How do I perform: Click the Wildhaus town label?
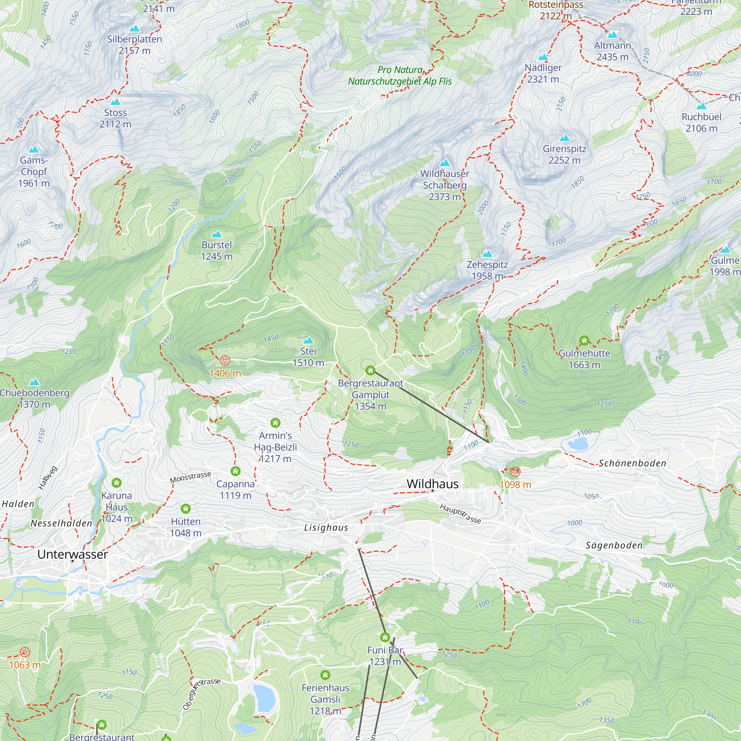(432, 484)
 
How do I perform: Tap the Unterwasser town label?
(73, 554)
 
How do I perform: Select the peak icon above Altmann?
(612, 35)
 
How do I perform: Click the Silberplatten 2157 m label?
(134, 45)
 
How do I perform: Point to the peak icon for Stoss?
(116, 102)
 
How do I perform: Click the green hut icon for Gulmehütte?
(584, 340)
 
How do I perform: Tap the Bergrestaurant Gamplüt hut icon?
(370, 370)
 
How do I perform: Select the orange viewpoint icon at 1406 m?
(225, 360)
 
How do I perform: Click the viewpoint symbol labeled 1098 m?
(515, 471)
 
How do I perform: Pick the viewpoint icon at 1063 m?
(24, 652)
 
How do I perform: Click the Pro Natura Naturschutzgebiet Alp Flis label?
(400, 76)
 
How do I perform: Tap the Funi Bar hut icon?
(385, 637)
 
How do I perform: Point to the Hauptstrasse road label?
(460, 514)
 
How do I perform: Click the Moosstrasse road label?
(190, 477)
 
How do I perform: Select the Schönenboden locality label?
(632, 463)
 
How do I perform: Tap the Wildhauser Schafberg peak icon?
(445, 163)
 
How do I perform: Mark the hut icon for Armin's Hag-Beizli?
(275, 423)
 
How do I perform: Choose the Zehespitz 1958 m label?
(487, 270)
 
